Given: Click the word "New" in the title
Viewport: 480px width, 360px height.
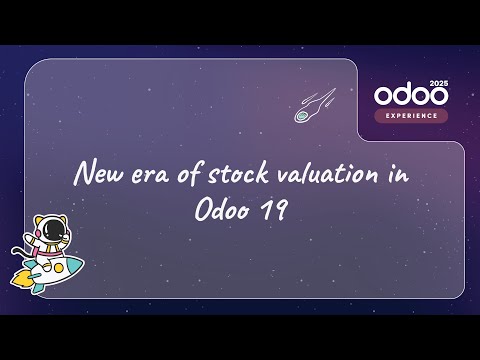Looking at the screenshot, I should pyautogui.click(x=97, y=175).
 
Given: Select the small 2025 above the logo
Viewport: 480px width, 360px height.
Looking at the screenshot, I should pyautogui.click(x=439, y=82).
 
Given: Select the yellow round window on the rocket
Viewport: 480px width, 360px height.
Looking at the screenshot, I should pyautogui.click(x=57, y=268).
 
